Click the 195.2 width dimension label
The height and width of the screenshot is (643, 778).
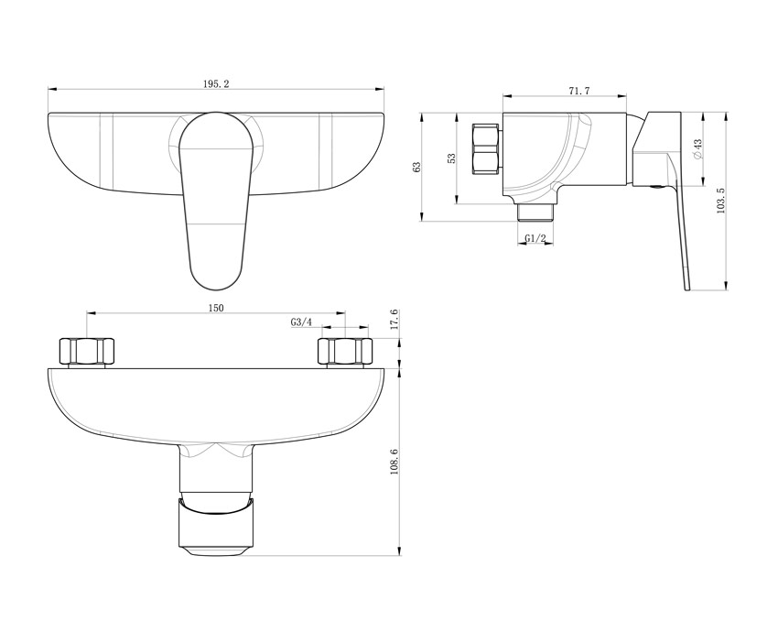pyautogui.click(x=216, y=83)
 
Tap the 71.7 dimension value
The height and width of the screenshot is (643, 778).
pyautogui.click(x=579, y=91)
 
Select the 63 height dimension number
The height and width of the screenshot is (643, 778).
pyautogui.click(x=417, y=168)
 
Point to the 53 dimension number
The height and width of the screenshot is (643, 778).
pyautogui.click(x=451, y=158)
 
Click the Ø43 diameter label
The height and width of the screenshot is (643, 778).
pyautogui.click(x=697, y=149)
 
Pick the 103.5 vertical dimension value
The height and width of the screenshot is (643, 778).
pyautogui.click(x=721, y=201)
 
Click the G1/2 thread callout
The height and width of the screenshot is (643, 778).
pyautogui.click(x=535, y=239)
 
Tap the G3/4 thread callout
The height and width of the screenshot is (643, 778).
pyautogui.click(x=301, y=322)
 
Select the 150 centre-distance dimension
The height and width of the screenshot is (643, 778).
pyautogui.click(x=216, y=308)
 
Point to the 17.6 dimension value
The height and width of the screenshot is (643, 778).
pyautogui.click(x=394, y=320)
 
